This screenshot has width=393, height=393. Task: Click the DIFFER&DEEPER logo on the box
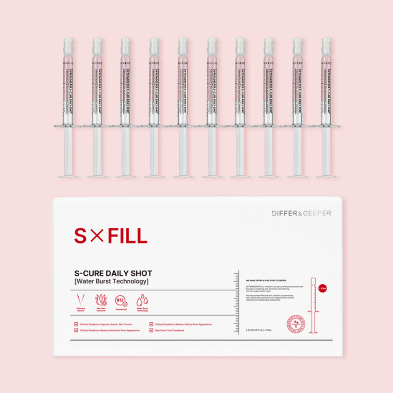(x=302, y=213)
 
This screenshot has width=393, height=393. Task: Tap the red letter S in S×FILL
(x=81, y=236)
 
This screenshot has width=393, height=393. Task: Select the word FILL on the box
(x=127, y=236)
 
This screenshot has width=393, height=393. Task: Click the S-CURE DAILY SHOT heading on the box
(x=113, y=273)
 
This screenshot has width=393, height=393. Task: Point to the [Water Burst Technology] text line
(x=111, y=282)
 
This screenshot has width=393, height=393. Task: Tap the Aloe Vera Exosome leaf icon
(x=101, y=299)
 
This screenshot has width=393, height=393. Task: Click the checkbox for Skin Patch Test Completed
(x=151, y=330)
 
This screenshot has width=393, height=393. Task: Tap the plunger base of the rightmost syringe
(x=326, y=176)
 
